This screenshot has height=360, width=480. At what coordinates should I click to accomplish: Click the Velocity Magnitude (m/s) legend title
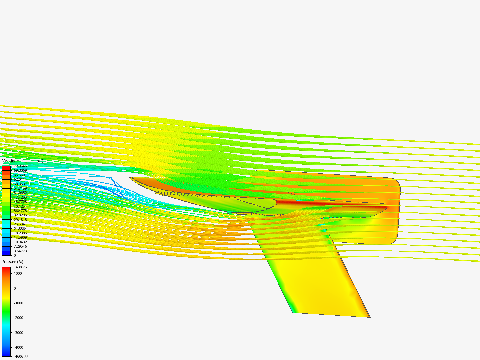coord(23,161)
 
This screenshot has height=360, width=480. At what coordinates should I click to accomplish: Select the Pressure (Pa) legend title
coord(13,262)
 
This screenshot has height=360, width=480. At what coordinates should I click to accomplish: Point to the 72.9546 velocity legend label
coord(20,166)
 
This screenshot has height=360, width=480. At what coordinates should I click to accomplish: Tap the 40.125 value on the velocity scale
coord(19,206)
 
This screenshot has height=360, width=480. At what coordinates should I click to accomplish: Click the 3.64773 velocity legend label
coord(20,251)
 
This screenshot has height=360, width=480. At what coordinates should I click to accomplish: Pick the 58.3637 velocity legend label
coord(20,184)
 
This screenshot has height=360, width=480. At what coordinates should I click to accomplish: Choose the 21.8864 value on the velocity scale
coord(20,229)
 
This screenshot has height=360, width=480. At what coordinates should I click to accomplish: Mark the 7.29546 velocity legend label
coord(20,246)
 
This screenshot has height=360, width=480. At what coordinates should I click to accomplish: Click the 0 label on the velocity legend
coord(15,255)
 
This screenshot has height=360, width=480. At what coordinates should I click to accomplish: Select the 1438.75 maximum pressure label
coord(20,267)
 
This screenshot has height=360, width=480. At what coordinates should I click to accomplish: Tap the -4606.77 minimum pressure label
coord(21,356)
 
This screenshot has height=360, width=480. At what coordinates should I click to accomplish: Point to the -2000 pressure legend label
coord(18,318)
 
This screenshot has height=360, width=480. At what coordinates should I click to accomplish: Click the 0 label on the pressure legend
coord(15,288)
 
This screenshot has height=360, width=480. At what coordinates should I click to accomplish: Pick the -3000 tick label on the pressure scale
coord(18,333)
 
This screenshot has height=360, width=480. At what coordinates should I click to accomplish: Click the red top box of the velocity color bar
coord(6,168)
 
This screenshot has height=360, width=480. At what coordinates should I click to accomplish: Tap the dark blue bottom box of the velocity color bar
coord(6,253)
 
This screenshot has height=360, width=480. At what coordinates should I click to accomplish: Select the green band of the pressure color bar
coord(6,313)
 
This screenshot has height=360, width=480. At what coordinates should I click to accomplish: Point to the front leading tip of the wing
coord(130,178)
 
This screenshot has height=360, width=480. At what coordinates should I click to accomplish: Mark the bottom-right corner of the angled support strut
coord(370,317)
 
